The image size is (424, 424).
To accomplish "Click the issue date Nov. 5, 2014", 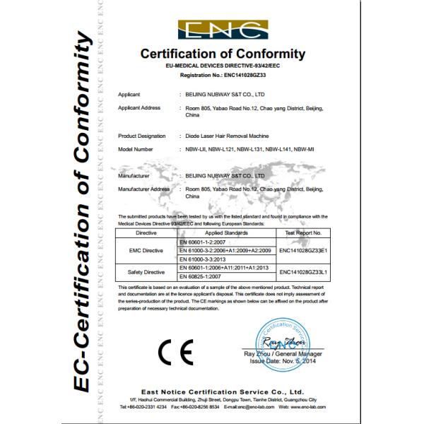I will coord(296,360).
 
